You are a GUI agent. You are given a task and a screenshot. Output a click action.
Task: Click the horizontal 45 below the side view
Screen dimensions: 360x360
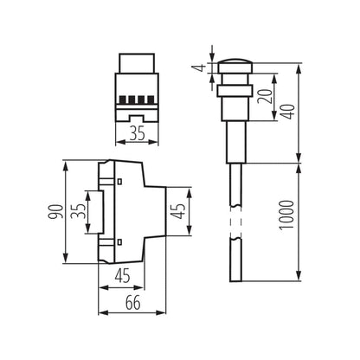pos(120,276)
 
